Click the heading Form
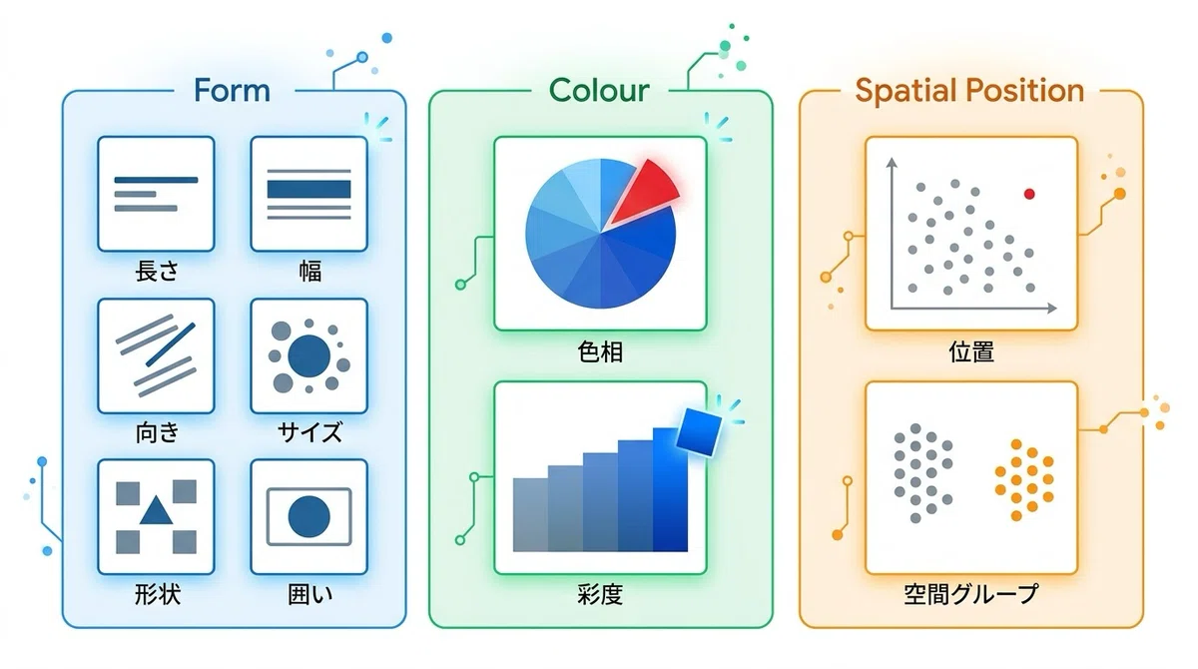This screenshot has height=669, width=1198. tap(232, 91)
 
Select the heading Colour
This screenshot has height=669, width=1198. tap(599, 91)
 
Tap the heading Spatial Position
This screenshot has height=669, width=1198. tap(969, 91)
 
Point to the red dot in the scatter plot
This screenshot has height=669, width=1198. tap(1029, 194)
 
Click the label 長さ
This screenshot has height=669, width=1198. tap(157, 271)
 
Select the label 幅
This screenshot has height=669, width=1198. tap(309, 271)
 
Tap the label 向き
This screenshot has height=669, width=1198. tap(157, 432)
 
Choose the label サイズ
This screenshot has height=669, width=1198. tap(309, 432)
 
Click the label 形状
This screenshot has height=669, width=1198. tap(157, 594)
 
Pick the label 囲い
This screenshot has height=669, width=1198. tap(309, 594)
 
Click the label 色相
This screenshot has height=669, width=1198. tap(600, 351)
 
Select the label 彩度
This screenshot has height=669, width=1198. tap(600, 594)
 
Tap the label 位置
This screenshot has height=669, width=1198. tap(971, 351)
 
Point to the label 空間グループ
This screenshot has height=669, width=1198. tap(971, 594)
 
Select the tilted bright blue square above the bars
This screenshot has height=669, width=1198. tap(699, 432)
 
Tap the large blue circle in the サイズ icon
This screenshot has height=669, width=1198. tap(309, 355)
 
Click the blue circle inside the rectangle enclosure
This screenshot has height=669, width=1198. tap(309, 516)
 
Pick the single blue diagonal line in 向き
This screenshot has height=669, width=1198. tap(171, 344)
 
